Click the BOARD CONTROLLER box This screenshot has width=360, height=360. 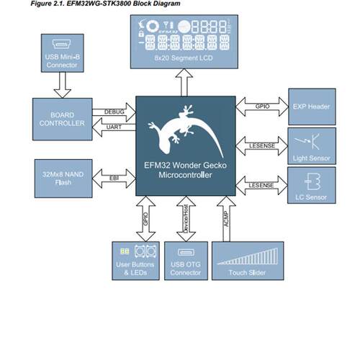click(63, 119)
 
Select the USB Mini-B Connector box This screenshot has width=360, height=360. click(63, 53)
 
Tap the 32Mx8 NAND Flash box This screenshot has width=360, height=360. click(63, 179)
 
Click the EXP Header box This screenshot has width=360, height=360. click(312, 107)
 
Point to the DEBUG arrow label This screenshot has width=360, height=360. click(114, 112)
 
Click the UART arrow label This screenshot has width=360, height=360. click(114, 127)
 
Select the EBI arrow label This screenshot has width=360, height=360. click(114, 179)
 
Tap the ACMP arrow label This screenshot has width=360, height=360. click(226, 219)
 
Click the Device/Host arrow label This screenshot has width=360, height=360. click(186, 219)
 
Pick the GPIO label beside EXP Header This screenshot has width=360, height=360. click(262, 107)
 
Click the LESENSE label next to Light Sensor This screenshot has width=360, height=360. click(262, 145)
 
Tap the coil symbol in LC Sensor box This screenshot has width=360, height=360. click(312, 181)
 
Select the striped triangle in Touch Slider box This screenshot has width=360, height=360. click(248, 256)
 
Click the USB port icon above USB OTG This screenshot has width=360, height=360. click(186, 252)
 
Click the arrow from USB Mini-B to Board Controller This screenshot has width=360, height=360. click(63, 85)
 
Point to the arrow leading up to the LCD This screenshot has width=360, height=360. click(184, 82)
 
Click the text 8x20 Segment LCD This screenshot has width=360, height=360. click(184, 58)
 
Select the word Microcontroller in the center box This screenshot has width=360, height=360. click(185, 175)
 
